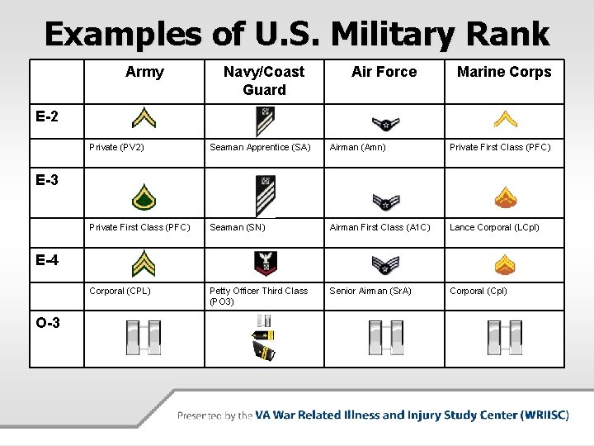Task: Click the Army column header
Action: point(144,73)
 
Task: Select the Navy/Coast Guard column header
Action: point(264,81)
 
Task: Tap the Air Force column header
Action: point(384,73)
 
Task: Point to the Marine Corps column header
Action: point(504,73)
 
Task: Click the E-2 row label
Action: point(47,116)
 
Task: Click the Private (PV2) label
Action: point(116,148)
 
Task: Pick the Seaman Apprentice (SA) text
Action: point(260,148)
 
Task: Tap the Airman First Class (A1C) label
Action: point(379,227)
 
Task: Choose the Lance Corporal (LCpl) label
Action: point(494,227)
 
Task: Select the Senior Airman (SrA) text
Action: point(370,291)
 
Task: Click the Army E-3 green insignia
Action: point(144,197)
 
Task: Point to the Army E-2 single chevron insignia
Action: point(144,120)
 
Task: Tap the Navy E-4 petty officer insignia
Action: point(265,263)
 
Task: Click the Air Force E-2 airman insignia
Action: point(384,123)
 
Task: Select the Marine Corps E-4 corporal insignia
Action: point(505,264)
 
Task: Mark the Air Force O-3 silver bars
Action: point(384,337)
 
